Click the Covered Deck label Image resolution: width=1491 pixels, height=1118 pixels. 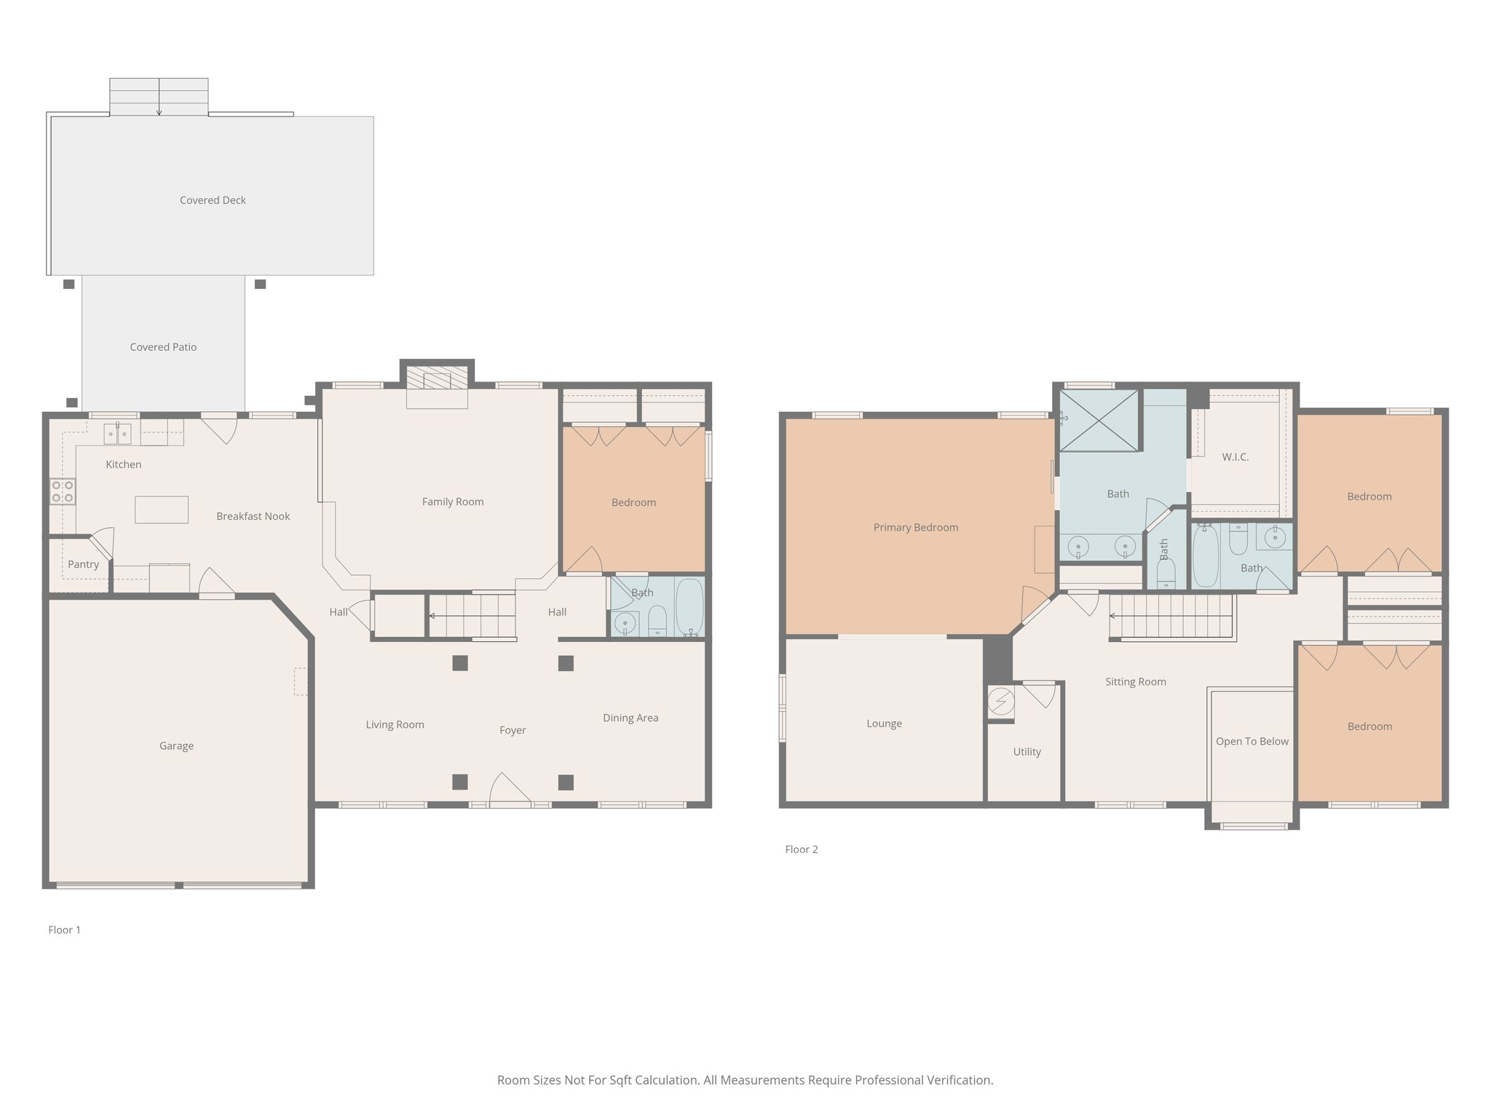click(x=213, y=200)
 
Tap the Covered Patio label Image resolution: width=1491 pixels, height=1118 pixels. click(x=163, y=347)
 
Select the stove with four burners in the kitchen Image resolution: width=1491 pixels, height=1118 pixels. click(x=63, y=491)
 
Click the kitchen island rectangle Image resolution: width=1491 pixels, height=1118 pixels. click(x=162, y=510)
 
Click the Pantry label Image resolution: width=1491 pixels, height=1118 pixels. click(x=83, y=564)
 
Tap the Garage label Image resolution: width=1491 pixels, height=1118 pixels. click(x=176, y=745)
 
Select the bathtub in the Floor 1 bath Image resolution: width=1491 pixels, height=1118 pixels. click(x=689, y=607)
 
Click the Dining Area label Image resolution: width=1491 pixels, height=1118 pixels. click(x=630, y=718)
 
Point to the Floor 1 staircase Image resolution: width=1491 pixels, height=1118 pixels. click(x=472, y=616)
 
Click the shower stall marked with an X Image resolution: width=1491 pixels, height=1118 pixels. click(x=1099, y=421)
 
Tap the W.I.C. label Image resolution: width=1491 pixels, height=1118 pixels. click(x=1235, y=457)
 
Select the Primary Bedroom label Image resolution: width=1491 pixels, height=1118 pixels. click(x=916, y=527)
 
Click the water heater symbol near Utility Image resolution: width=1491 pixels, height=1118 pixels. click(x=1000, y=702)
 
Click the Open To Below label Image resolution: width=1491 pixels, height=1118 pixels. click(x=1252, y=741)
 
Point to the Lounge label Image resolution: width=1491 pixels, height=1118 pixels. click(x=884, y=723)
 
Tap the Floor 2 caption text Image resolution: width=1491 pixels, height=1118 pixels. click(x=802, y=849)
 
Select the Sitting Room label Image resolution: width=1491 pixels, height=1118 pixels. click(x=1136, y=681)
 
